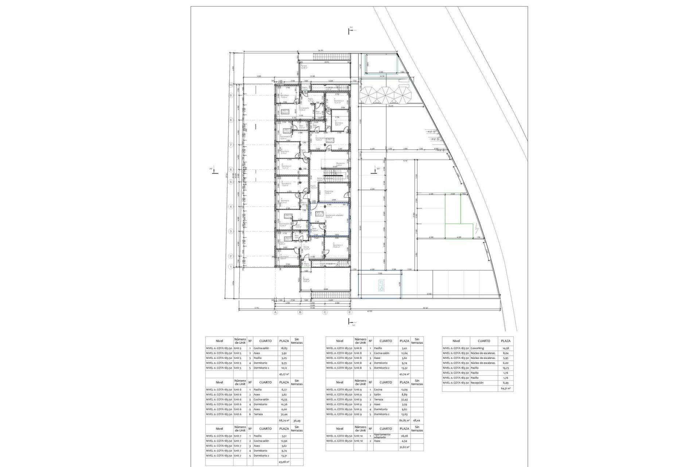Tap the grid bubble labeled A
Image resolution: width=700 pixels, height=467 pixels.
tap(276, 312)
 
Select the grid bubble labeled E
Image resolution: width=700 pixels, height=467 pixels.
tap(350, 312)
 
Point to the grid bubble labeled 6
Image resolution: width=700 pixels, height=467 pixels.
tap(231, 170)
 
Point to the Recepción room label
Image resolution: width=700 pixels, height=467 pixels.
tap(340, 163)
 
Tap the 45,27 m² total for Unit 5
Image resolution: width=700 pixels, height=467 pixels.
tap(283, 374)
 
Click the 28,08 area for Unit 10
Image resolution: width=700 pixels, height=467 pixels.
tap(404, 436)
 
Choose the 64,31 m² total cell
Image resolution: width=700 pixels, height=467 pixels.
tap(506, 389)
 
